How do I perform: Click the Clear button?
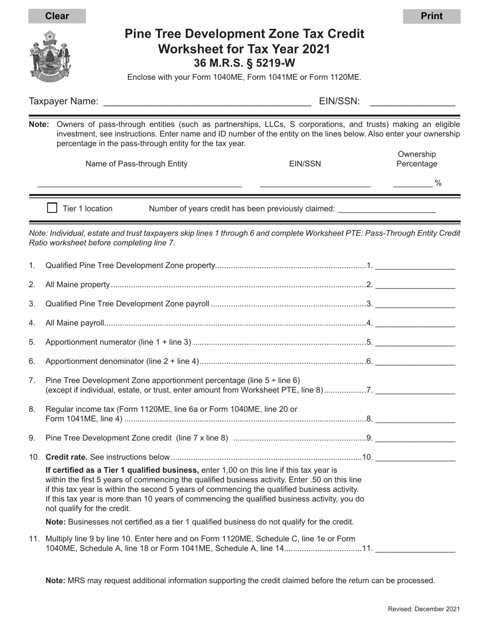pyautogui.click(x=57, y=16)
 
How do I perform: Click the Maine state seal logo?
pyautogui.click(x=50, y=56)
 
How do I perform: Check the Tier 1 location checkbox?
pyautogui.click(x=52, y=208)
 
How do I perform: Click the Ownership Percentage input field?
pyautogui.click(x=413, y=183)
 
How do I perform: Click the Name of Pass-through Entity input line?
pyautogui.click(x=139, y=183)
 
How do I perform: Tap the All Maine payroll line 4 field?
pyautogui.click(x=415, y=323)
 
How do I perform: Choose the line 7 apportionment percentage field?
pyautogui.click(x=415, y=390)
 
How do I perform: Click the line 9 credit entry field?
pyautogui.click(x=415, y=438)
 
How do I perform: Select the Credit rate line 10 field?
pyautogui.click(x=415, y=456)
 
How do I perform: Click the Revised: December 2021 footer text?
pyautogui.click(x=424, y=609)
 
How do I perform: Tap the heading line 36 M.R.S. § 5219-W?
pyautogui.click(x=244, y=63)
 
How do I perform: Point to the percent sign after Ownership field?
pyautogui.click(x=439, y=183)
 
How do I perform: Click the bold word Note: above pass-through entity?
pyautogui.click(x=39, y=124)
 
